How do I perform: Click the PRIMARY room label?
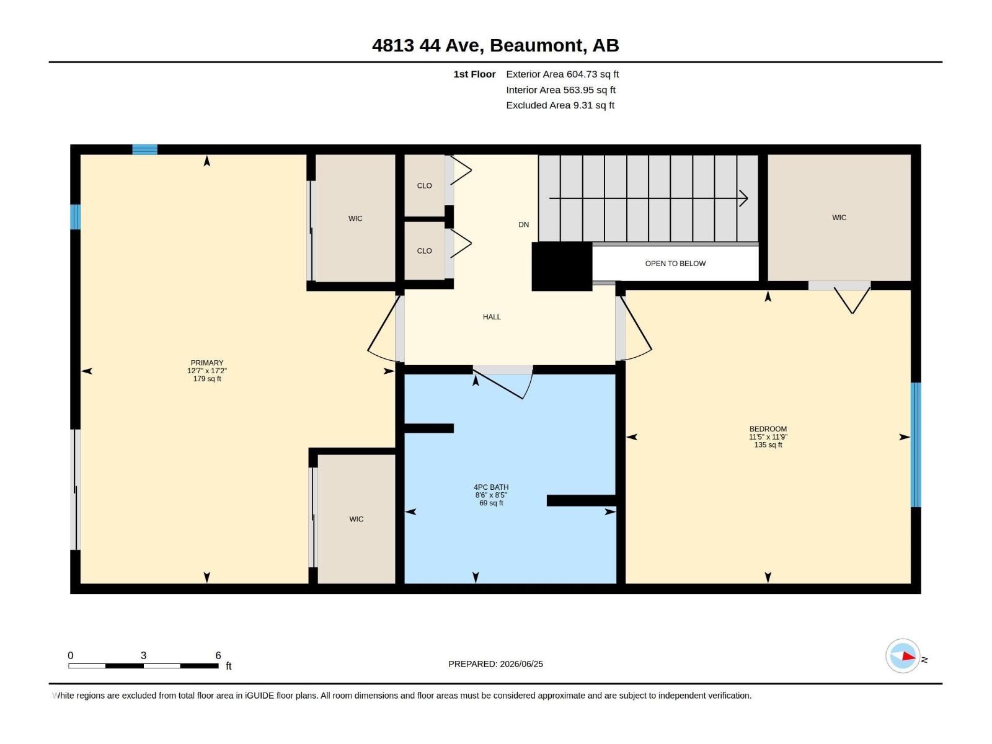tap(207, 363)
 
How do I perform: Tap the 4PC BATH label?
tap(491, 487)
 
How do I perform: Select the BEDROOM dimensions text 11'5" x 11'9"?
tap(768, 437)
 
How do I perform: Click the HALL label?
tap(492, 317)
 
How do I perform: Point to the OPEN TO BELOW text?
tap(675, 263)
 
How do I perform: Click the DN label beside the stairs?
tap(523, 224)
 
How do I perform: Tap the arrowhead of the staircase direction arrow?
tap(744, 198)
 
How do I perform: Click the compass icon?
tap(903, 656)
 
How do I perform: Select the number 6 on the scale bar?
tap(218, 655)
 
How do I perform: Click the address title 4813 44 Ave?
tap(428, 45)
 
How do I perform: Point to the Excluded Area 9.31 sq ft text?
tap(560, 105)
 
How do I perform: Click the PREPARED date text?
tap(496, 664)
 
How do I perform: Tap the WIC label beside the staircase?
tap(839, 217)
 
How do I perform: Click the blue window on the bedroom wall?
tap(916, 445)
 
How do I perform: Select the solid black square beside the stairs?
tap(562, 267)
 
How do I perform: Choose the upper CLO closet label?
tap(424, 185)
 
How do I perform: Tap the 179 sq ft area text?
tap(207, 379)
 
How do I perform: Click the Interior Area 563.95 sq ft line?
tap(561, 90)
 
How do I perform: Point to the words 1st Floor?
tap(474, 74)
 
